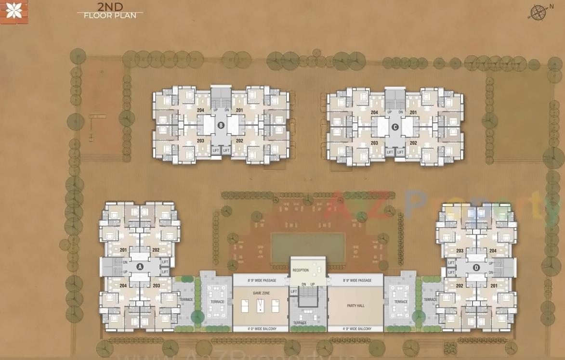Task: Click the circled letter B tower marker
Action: point(221,126)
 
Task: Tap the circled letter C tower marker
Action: point(395,127)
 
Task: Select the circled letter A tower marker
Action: point(140,266)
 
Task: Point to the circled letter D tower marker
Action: point(476,267)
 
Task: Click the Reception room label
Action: point(301,270)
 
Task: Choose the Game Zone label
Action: point(261,293)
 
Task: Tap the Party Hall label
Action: point(355,306)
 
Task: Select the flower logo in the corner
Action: point(14,11)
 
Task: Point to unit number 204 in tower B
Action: point(201,110)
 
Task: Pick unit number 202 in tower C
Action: point(413,143)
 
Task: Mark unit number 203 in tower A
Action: point(156,285)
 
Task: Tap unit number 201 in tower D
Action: point(493,285)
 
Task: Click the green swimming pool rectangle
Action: point(308,247)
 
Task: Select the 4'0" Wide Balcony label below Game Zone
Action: point(261,329)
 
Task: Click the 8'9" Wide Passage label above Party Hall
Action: point(357,280)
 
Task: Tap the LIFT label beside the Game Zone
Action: point(294,292)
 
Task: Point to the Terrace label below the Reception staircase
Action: point(300,322)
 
